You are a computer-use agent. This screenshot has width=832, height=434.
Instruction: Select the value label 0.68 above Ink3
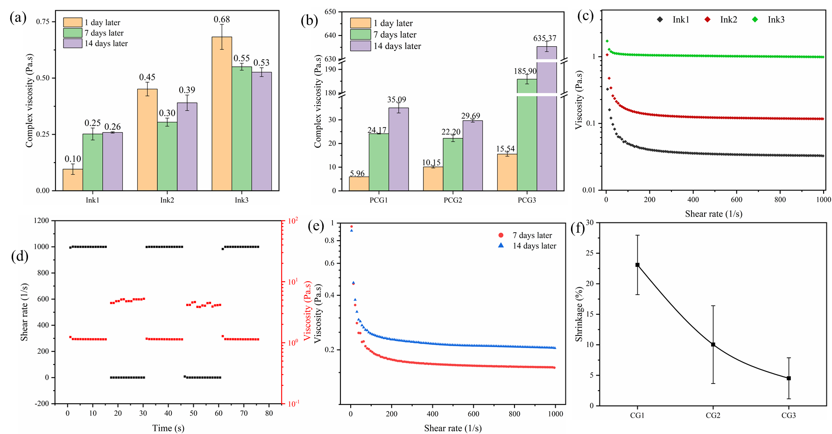[x=222, y=20]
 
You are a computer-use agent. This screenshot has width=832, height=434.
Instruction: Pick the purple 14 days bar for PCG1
[x=398, y=149]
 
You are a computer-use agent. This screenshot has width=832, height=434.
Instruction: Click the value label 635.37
[x=545, y=38]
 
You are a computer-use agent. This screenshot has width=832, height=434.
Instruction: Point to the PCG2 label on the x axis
[x=453, y=200]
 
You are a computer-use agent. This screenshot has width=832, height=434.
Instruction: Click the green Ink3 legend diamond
[x=755, y=20]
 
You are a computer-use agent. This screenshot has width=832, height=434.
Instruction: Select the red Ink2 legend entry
[x=722, y=20]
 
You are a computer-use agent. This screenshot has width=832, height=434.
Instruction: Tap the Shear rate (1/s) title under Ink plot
[x=713, y=214]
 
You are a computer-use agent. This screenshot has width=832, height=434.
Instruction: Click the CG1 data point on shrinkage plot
[x=637, y=265]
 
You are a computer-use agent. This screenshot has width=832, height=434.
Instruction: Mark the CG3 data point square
[x=789, y=378]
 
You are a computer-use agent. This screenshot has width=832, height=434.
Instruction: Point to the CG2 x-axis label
[x=713, y=415]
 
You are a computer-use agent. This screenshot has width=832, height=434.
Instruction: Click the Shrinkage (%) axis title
[x=579, y=314]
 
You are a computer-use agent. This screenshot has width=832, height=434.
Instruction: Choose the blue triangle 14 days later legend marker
[x=501, y=245]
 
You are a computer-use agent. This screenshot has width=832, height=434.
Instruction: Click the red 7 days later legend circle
[x=501, y=235]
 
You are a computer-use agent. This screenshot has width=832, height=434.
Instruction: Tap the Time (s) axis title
[x=168, y=428]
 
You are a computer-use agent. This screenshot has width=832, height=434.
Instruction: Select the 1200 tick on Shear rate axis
[x=42, y=221]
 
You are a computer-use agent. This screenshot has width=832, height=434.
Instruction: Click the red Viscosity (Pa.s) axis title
[x=307, y=311]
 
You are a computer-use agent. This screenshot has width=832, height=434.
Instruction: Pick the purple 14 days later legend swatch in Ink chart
[x=72, y=43]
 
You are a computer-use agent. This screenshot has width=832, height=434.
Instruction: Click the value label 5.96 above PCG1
[x=357, y=174]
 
